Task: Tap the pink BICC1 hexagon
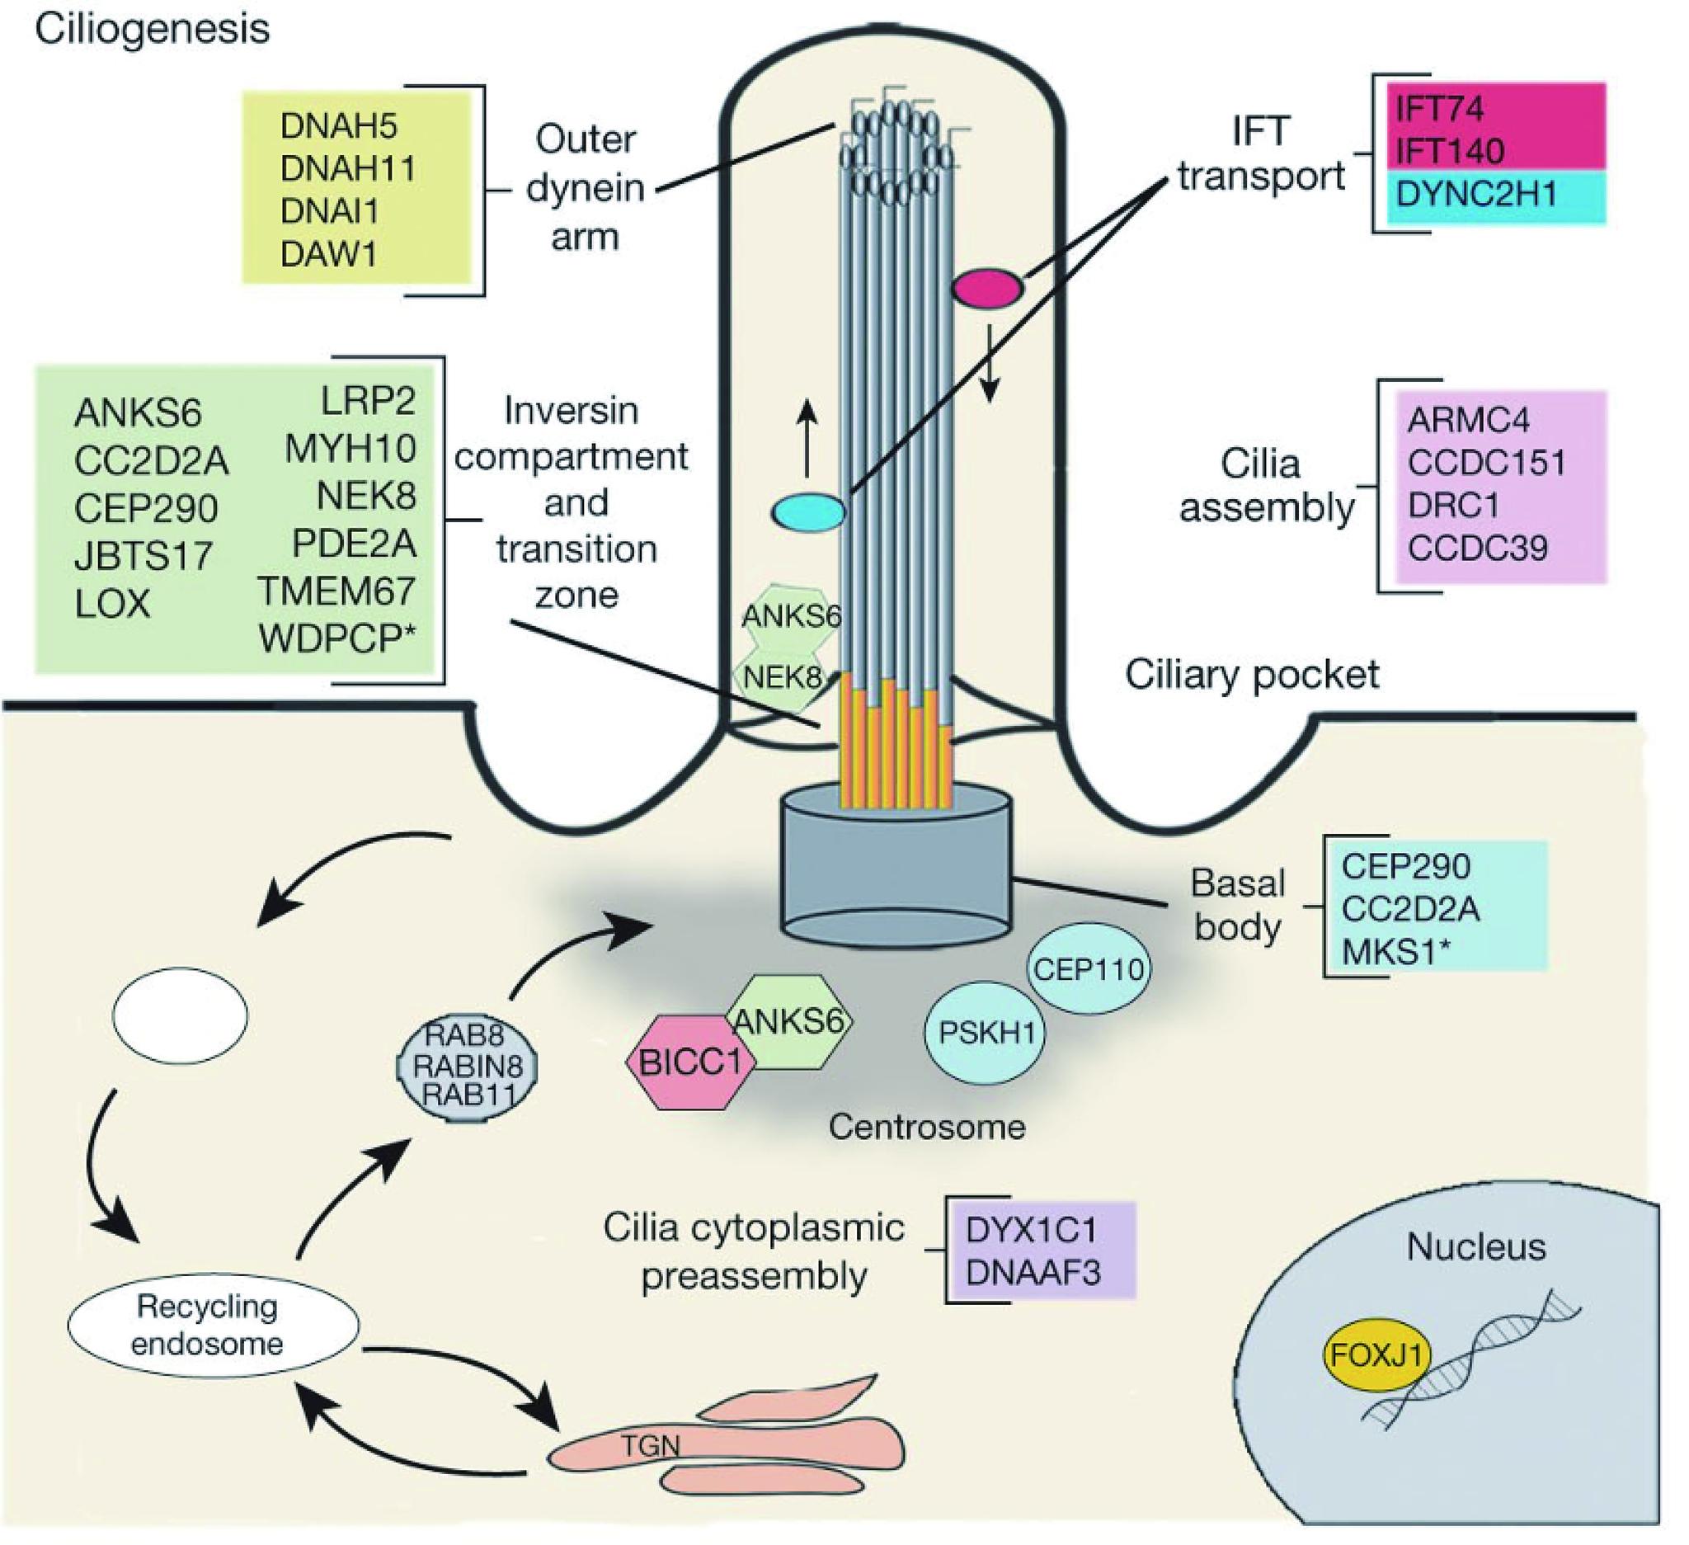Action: coord(691,1062)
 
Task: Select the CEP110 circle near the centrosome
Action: coord(1089,969)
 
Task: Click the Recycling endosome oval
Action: coord(213,1326)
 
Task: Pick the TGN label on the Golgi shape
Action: coord(650,1445)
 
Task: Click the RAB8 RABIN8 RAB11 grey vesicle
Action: coord(467,1065)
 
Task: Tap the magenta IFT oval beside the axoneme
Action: coord(988,288)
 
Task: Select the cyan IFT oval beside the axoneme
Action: coord(808,511)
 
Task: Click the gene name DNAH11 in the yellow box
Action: coord(348,169)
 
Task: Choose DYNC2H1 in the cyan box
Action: coord(1476,195)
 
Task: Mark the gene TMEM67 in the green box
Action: coord(336,591)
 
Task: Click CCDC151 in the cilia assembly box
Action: coord(1486,463)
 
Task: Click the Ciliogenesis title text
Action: coord(153,31)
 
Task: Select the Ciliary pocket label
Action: coord(1252,675)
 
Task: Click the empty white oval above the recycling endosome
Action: coord(180,1015)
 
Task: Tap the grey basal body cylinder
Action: coord(896,871)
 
